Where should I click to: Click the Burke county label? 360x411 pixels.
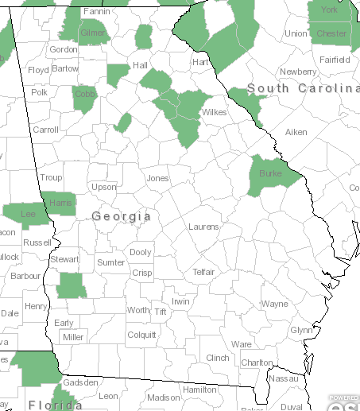[x=270, y=173]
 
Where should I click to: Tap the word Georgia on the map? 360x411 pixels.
[x=122, y=216]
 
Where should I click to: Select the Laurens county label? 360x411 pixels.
[x=203, y=227]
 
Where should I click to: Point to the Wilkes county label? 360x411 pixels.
[x=214, y=112]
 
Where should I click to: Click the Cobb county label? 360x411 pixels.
[x=83, y=94]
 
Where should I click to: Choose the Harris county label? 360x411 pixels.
[x=60, y=203]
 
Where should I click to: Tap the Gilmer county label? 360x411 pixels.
[x=92, y=33]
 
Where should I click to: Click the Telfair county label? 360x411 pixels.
[x=203, y=272]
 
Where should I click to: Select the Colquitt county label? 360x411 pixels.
[x=141, y=335]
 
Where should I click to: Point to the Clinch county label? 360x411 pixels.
[x=217, y=359]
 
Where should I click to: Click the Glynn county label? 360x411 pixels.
[x=301, y=330]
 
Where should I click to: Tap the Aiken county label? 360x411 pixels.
[x=296, y=131]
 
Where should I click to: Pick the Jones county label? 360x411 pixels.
[x=157, y=178]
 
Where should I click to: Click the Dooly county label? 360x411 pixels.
[x=140, y=252]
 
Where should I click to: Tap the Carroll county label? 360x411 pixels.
[x=46, y=129]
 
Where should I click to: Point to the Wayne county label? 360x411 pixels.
[x=274, y=304]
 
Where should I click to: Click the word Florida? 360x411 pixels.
[x=55, y=405]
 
